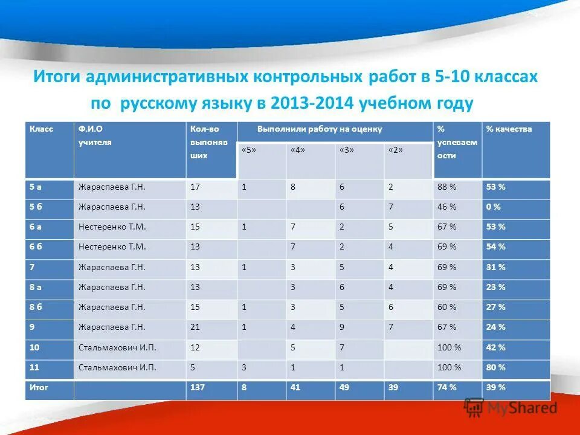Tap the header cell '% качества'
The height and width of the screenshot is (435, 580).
point(509,129)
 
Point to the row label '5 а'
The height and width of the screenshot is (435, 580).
point(36,187)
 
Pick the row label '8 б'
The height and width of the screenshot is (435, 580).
point(36,307)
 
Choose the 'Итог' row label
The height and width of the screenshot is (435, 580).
point(39,387)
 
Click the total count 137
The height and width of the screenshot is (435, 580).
point(198,387)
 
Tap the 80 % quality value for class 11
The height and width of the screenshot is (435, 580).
point(495,367)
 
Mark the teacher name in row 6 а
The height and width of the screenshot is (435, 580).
point(112,227)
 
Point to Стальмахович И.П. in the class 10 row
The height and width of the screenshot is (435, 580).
point(117,347)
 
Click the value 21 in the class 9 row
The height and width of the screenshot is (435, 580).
point(195,327)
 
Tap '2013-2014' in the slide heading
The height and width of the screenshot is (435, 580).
point(304,103)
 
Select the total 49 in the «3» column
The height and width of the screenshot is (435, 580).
point(345,387)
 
